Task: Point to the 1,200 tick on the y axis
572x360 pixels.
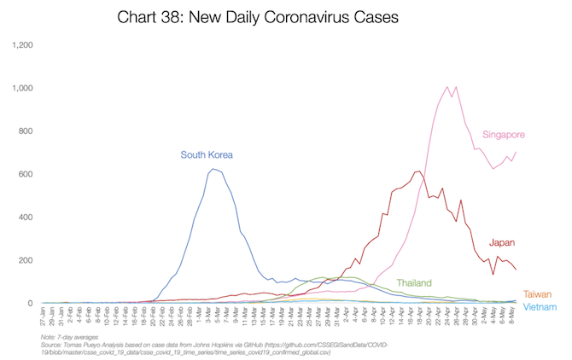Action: click(21, 44)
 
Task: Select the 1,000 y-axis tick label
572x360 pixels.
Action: click(21, 88)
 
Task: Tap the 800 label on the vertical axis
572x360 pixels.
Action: click(25, 131)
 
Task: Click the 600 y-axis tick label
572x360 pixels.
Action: click(25, 174)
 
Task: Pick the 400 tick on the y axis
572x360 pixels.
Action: click(25, 217)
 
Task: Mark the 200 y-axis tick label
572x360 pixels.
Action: click(25, 260)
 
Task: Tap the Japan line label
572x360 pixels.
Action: click(502, 242)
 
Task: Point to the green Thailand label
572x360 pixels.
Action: click(414, 282)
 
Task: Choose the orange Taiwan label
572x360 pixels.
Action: click(537, 293)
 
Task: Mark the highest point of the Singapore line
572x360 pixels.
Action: click(447, 86)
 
